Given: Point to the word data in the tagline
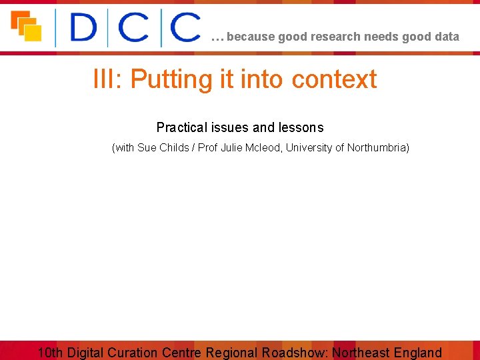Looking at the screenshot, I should (447, 37).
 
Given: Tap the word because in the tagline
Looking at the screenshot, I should (251, 37).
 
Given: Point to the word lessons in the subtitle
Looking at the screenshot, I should (301, 127).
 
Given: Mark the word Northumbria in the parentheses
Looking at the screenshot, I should (376, 147).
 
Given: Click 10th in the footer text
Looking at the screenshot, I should (51, 353).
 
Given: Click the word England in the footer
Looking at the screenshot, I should (418, 353).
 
